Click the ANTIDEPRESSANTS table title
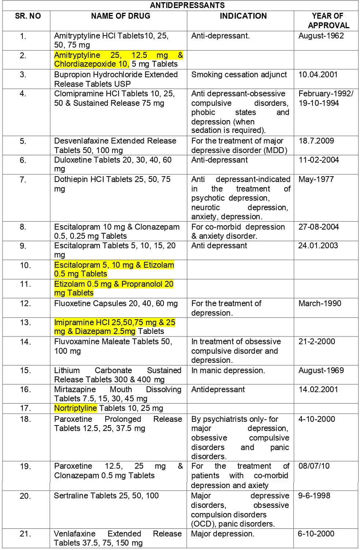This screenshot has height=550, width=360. (x=187, y=5)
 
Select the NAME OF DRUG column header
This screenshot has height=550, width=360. (x=120, y=16)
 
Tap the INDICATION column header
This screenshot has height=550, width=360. (x=243, y=16)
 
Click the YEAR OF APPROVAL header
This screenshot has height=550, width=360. (x=328, y=21)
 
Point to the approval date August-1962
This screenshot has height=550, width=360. (x=321, y=36)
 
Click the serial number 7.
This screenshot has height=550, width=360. (x=23, y=179)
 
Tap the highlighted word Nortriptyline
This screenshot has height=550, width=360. (x=75, y=408)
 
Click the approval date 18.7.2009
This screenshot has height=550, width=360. (x=316, y=141)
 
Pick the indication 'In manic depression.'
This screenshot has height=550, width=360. (x=228, y=370)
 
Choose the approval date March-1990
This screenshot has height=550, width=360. (x=319, y=303)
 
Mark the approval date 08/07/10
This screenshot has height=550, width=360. (x=314, y=466)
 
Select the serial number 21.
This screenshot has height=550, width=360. (x=25, y=534)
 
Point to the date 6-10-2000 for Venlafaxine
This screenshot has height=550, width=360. (x=316, y=534)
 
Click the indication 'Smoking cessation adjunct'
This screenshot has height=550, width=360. (x=239, y=74)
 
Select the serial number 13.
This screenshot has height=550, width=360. (x=25, y=323)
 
